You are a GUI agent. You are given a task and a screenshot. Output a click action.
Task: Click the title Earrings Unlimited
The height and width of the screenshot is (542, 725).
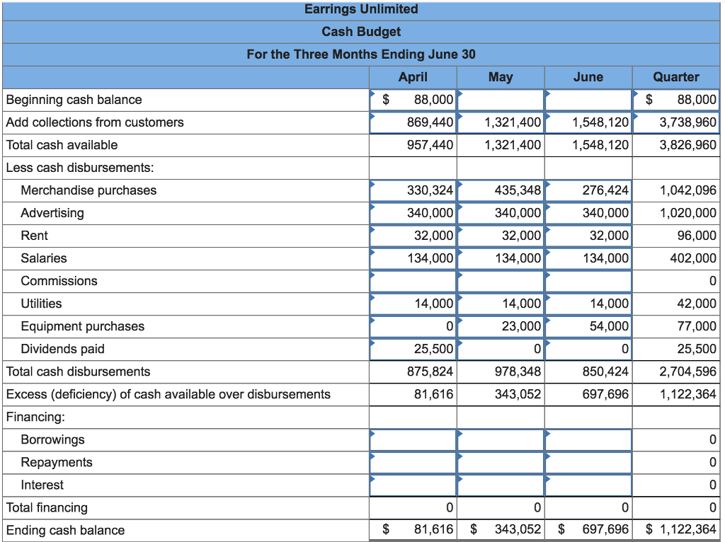click(x=361, y=9)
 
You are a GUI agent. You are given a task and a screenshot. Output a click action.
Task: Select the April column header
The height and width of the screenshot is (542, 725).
click(x=413, y=77)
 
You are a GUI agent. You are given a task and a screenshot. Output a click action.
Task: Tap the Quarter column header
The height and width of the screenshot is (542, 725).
click(x=675, y=77)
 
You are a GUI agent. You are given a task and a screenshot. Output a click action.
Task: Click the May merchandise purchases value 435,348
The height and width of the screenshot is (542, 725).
click(x=513, y=190)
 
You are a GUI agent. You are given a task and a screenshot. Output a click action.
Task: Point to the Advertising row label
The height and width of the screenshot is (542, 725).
click(x=52, y=213)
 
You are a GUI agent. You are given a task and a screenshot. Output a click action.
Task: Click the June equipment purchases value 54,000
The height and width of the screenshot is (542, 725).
click(x=609, y=326)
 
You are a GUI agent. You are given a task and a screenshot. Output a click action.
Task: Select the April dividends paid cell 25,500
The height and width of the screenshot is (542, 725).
click(x=433, y=349)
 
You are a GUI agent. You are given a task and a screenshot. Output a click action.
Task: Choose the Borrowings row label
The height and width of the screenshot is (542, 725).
click(x=52, y=439)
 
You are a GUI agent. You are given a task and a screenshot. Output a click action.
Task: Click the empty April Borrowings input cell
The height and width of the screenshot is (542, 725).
click(x=413, y=439)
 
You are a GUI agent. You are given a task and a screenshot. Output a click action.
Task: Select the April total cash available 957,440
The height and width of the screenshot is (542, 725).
click(x=430, y=145)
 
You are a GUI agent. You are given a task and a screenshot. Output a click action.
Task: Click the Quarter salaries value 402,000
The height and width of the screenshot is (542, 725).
click(x=693, y=258)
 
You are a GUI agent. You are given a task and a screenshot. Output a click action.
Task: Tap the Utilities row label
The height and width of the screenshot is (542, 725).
click(x=41, y=304)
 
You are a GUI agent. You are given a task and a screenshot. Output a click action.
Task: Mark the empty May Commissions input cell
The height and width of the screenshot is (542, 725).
click(x=501, y=281)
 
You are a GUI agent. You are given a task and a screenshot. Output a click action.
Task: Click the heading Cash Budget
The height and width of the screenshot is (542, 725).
click(x=361, y=32)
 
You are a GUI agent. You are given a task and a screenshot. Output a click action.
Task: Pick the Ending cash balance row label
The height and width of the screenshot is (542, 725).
click(x=65, y=530)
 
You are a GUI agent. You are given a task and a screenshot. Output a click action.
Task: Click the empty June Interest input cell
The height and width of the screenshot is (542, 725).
click(x=588, y=485)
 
